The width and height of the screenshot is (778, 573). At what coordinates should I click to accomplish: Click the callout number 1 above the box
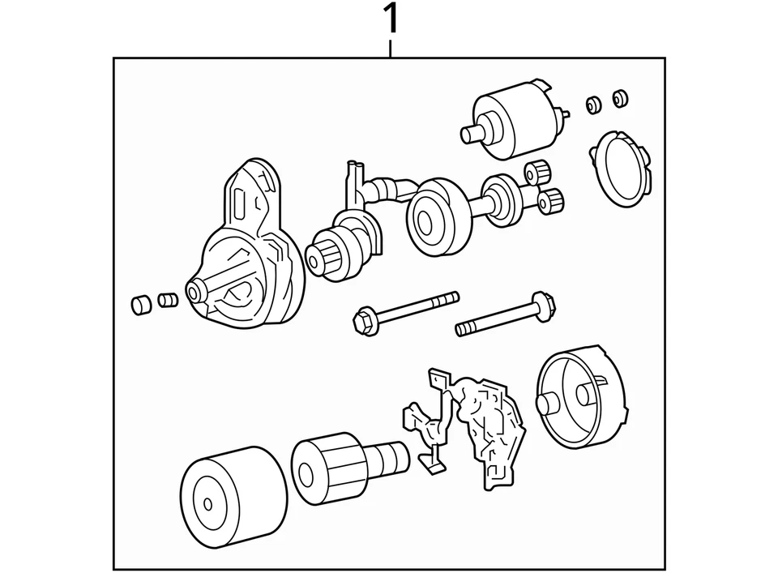pos(391,19)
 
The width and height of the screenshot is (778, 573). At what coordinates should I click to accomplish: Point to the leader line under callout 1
pos(391,47)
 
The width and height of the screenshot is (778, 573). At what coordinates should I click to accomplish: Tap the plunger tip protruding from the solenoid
pos(468,135)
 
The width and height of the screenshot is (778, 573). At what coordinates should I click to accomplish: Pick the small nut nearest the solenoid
pos(592,103)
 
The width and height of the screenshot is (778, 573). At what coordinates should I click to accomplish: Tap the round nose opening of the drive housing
pos(194,293)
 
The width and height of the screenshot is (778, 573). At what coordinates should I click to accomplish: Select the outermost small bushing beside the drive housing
pos(140,305)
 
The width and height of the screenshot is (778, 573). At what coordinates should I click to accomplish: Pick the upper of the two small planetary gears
pos(534,171)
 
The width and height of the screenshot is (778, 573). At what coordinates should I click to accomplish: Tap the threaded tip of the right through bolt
pos(463,329)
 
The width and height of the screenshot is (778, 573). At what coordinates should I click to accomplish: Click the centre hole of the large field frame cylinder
pos(207,503)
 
